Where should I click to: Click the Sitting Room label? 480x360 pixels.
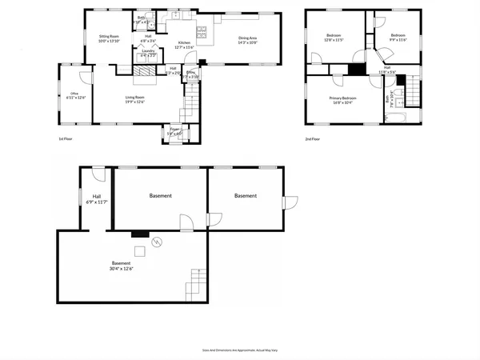pyautogui.click(x=109, y=37)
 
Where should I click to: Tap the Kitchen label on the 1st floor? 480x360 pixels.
pyautogui.click(x=184, y=42)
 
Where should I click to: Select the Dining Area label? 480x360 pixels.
pyautogui.click(x=247, y=37)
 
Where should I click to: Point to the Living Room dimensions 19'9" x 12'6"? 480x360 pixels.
pyautogui.click(x=134, y=102)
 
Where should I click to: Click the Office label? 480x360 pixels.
pyautogui.click(x=74, y=94)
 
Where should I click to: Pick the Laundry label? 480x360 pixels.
pyautogui.click(x=148, y=51)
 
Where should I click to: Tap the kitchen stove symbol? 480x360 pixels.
pyautogui.click(x=202, y=31)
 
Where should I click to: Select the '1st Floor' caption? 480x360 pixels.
pyautogui.click(x=66, y=138)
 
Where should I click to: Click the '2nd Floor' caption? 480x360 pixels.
pyautogui.click(x=313, y=138)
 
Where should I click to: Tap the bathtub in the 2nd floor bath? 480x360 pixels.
pyautogui.click(x=396, y=119)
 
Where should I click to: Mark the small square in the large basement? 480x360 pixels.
pyautogui.click(x=139, y=251)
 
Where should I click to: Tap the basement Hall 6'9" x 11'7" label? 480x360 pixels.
pyautogui.click(x=96, y=199)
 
